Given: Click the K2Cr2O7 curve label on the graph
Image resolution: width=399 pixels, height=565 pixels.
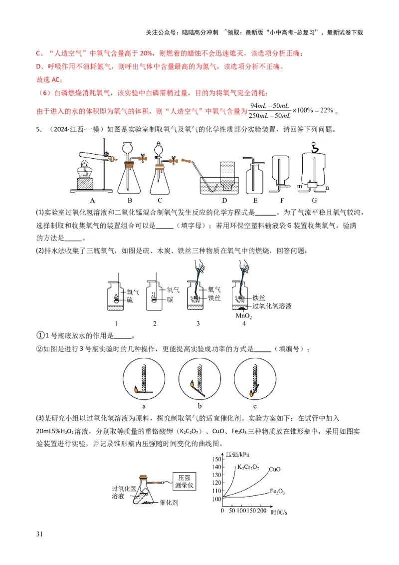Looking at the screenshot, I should point(248,468).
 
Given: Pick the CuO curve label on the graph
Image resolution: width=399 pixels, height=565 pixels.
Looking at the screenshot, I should point(274,470).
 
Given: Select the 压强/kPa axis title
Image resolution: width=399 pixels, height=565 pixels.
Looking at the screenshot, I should point(237,454).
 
